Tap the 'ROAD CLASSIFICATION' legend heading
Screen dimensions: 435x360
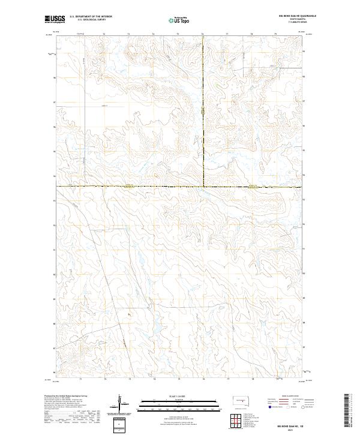click(287, 397)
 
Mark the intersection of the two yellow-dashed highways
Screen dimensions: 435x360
click(203, 187)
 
